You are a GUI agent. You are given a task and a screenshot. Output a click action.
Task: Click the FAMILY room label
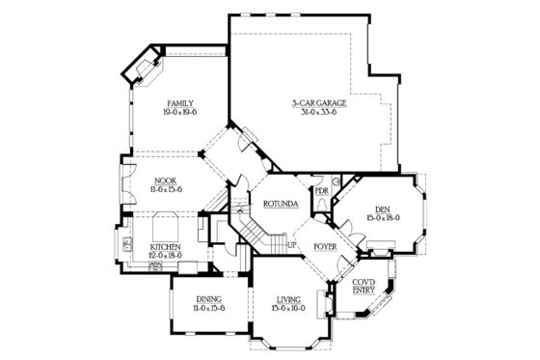(179, 102)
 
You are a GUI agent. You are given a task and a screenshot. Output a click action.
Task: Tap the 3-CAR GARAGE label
(318, 102)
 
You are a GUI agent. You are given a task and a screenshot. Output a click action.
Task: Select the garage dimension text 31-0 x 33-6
(318, 112)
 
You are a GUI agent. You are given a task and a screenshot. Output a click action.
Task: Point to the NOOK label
(165, 180)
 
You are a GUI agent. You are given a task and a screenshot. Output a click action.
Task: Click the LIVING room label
(288, 299)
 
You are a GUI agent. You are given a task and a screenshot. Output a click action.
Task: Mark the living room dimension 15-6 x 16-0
(288, 309)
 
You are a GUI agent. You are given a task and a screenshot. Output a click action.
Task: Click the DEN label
(382, 209)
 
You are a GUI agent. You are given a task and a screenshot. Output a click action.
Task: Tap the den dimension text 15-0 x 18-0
(382, 219)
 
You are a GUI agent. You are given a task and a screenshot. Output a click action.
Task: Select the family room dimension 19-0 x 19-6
(179, 112)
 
